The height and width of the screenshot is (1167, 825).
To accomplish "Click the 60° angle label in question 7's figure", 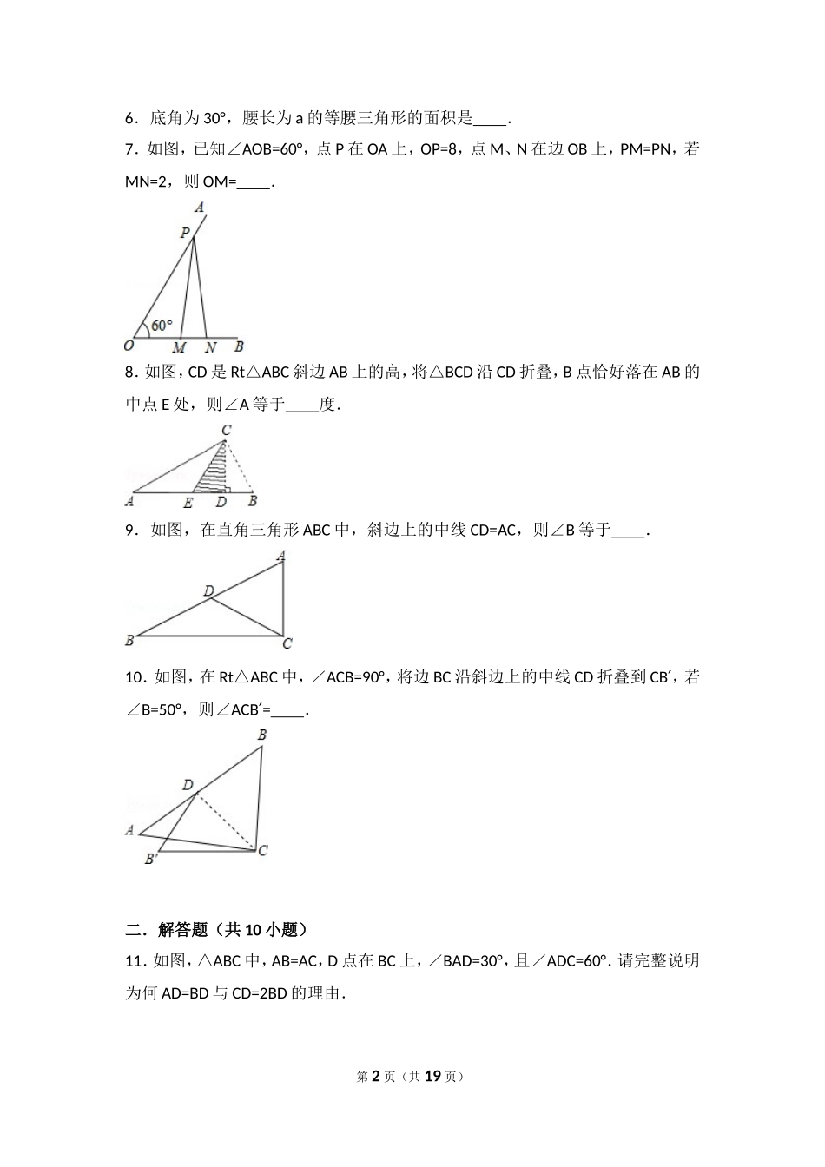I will click(162, 326).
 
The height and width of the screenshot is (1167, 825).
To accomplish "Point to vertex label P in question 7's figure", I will click(184, 233).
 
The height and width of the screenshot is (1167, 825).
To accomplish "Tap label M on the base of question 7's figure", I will click(179, 347).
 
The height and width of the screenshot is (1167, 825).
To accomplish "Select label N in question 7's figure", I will click(210, 347).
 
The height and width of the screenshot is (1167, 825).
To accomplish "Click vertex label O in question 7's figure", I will click(129, 345).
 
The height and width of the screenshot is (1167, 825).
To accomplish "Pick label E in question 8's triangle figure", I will click(188, 502).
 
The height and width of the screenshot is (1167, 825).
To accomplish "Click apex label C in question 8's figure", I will click(226, 431).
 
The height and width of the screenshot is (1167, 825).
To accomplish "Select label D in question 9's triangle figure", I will click(208, 591).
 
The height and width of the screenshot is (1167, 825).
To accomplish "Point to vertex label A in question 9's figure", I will click(280, 557).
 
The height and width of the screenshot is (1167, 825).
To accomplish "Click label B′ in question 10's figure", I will click(150, 859).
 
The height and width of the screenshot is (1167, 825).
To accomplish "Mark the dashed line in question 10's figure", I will click(226, 821).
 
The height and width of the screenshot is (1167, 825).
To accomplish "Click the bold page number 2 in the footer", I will click(376, 1076).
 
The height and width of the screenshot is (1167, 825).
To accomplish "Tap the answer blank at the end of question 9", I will click(629, 530).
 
